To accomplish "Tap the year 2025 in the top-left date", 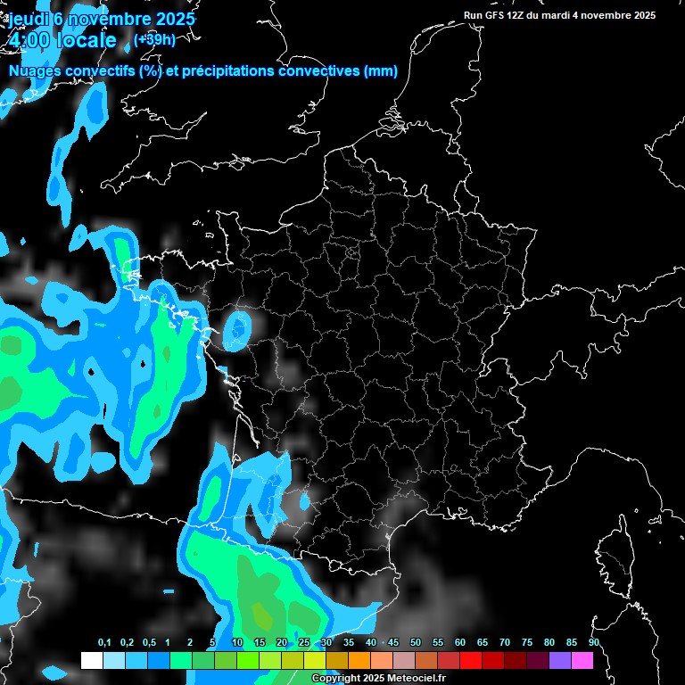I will click(169, 19).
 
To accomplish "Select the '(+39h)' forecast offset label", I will click(154, 39).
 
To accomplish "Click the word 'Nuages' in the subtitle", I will click(37, 71).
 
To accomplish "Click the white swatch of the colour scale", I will click(91, 660).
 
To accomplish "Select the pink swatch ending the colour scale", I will click(582, 660).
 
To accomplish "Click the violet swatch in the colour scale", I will click(560, 660).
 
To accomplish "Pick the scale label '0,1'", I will click(104, 642).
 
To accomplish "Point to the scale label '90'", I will click(593, 642).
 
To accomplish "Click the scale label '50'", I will click(416, 642).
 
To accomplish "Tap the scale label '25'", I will click(304, 642).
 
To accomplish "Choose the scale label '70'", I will click(505, 642).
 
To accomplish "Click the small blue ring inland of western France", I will click(236, 330).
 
